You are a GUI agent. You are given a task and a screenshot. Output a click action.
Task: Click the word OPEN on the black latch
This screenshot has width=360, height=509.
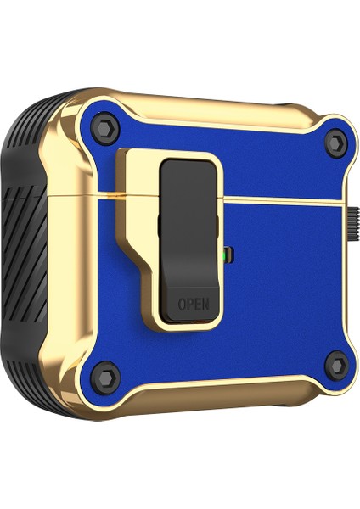click(191, 303)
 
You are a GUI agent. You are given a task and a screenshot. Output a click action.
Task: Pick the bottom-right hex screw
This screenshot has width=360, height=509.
click(336, 366)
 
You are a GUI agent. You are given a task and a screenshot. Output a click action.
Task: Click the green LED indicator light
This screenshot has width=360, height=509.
click(223, 252)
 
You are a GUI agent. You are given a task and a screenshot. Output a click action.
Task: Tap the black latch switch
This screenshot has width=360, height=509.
click(189, 229)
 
